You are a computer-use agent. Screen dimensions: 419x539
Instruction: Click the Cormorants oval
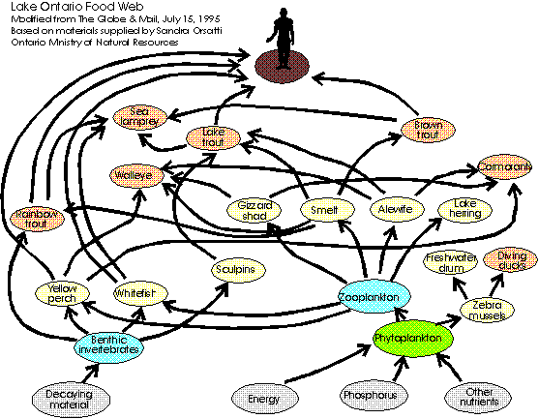pos(504,167)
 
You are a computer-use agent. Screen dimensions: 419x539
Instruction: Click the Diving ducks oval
pos(511,260)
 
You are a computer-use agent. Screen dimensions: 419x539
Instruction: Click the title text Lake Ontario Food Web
pos(63,8)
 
